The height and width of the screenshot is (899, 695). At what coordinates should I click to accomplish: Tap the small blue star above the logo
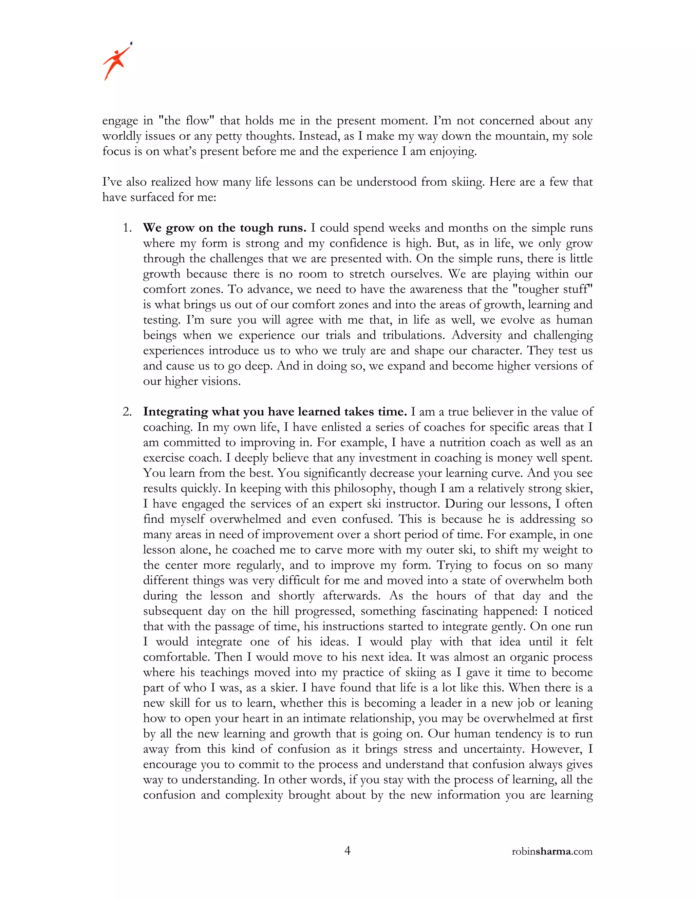[x=131, y=43]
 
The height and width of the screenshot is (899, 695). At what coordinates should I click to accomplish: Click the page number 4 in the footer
[x=347, y=851]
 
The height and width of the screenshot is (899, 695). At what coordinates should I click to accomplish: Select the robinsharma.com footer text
[x=552, y=852]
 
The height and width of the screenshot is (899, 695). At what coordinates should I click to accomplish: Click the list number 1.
[x=127, y=228]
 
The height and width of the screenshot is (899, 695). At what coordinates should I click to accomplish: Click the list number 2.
[x=127, y=412]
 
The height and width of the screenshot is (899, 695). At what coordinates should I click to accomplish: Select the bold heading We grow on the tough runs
[x=224, y=228]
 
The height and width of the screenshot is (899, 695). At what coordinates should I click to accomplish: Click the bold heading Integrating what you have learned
[x=275, y=412]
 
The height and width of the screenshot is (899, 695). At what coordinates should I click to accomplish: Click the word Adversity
[x=476, y=335]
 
